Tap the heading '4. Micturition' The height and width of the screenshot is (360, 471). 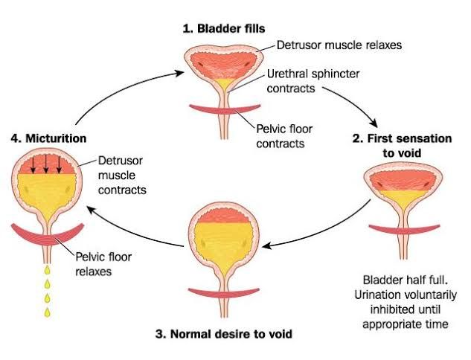[49, 138]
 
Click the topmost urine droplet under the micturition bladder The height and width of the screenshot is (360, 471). [48, 265]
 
